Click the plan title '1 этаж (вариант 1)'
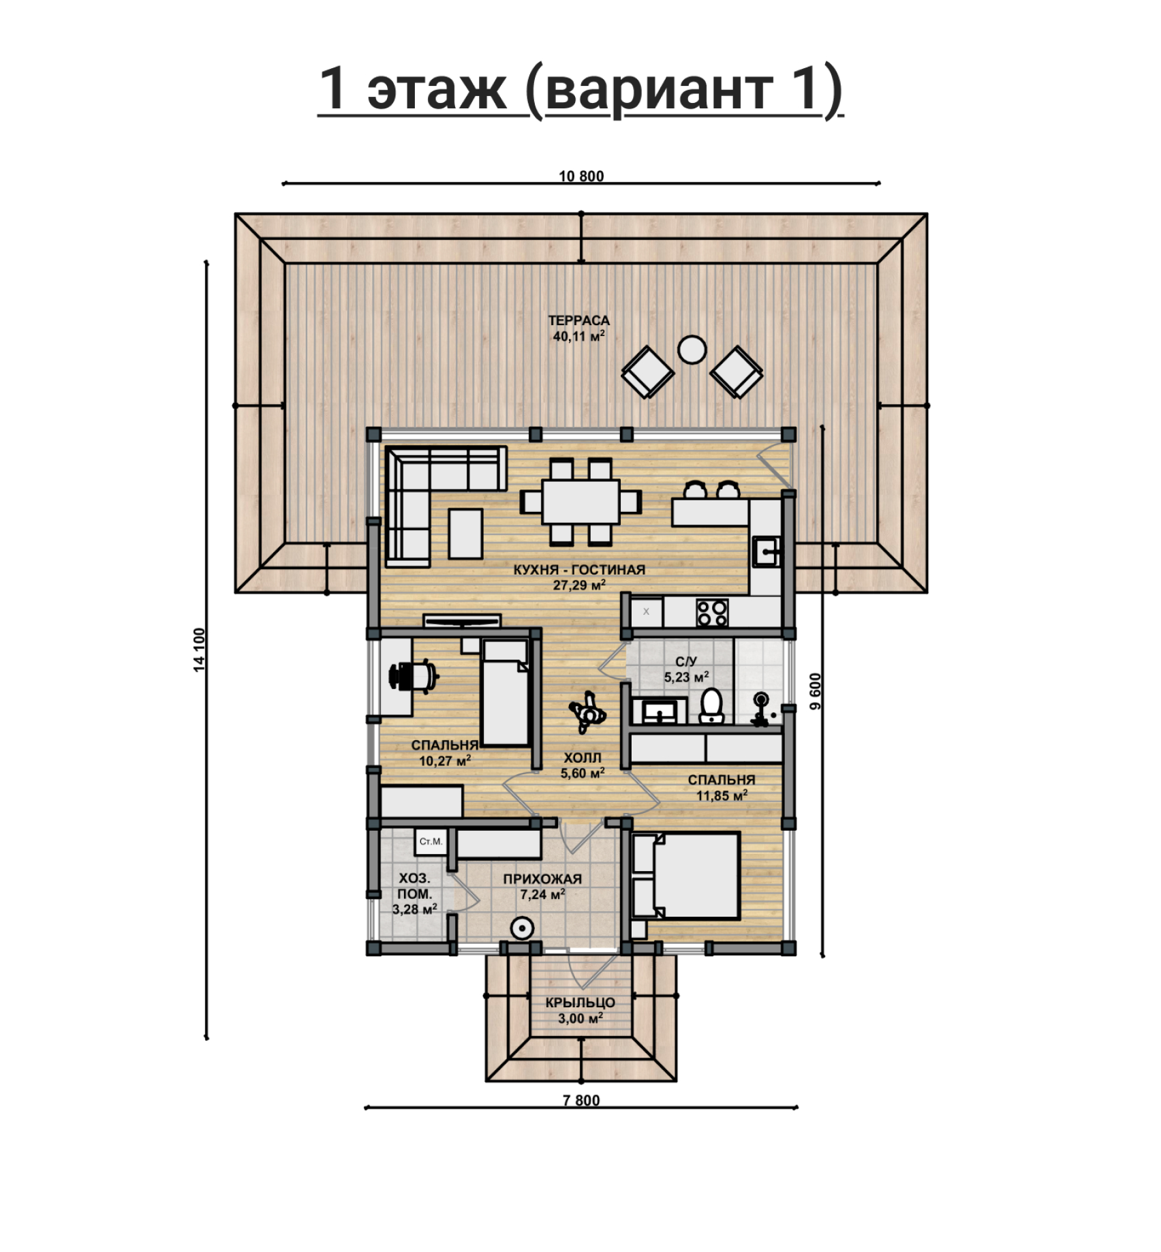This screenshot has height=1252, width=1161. [580, 90]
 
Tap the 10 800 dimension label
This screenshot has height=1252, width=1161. [581, 176]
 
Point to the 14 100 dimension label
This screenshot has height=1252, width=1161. [199, 650]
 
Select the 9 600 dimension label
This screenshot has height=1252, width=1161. [816, 691]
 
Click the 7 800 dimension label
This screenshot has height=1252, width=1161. [581, 1100]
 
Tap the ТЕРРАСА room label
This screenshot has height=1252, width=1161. [579, 320]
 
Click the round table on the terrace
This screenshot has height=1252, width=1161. [692, 350]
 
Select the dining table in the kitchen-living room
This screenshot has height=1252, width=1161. [581, 502]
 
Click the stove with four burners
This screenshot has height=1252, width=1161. [712, 612]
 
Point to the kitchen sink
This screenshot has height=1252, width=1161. [766, 551]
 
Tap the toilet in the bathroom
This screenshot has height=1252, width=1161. [711, 705]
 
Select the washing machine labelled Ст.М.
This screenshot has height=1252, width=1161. [430, 842]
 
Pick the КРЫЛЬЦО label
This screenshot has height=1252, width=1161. [580, 1003]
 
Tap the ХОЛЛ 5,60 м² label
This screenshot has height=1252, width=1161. [583, 765]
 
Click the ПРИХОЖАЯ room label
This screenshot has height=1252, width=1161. [542, 879]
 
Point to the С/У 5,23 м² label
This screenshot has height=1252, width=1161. [686, 669]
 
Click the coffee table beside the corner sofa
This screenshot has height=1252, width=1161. [465, 533]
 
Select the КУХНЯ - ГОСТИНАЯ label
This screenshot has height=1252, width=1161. [579, 570]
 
